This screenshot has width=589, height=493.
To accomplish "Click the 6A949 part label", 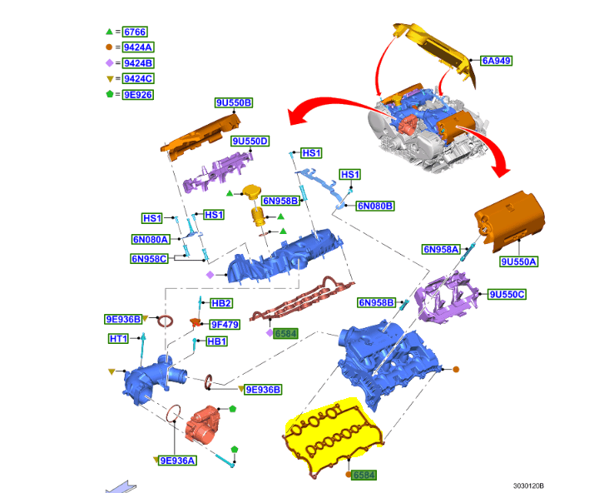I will [x=496, y=60].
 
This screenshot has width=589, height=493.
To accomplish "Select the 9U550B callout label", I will [x=234, y=102].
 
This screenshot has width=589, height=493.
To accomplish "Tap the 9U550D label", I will [x=250, y=142].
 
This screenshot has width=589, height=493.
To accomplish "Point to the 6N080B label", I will [x=375, y=206].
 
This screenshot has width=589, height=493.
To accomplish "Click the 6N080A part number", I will [x=150, y=239].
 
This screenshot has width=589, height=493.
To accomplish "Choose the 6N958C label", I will [x=150, y=259].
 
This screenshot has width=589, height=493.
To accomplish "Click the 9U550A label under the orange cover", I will [x=519, y=261].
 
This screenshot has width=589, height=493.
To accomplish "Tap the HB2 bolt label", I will [x=221, y=303].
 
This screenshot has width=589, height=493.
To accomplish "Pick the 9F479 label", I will [x=225, y=324].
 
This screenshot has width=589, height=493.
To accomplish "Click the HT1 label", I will [x=119, y=339].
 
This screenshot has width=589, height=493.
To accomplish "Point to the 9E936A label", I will [x=178, y=461].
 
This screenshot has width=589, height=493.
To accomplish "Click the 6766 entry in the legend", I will [x=134, y=32].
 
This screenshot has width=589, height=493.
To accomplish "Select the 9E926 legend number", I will [x=138, y=95].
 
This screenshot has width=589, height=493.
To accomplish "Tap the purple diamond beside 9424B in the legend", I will [x=110, y=63].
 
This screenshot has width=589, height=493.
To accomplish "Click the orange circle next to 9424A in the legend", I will [x=110, y=47].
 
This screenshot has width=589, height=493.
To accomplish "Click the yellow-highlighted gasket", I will [x=333, y=433].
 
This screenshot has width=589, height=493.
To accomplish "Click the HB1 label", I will [x=216, y=341].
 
